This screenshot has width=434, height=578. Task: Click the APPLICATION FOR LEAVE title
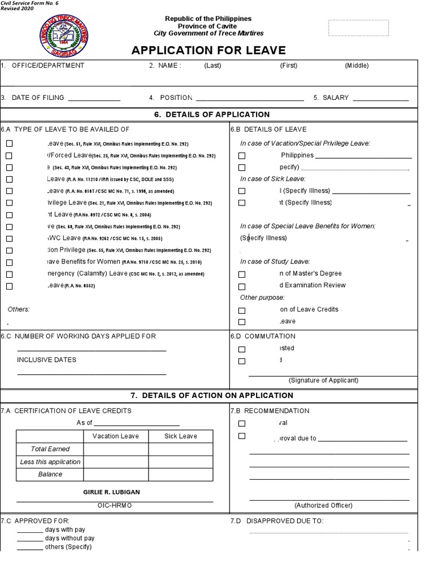tap(209, 50)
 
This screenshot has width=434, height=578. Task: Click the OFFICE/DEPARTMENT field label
tap(48, 65)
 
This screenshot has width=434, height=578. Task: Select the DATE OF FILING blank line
tap(94, 99)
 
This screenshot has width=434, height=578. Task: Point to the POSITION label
tap(176, 98)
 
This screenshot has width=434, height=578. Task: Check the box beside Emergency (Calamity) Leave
tap(9, 274)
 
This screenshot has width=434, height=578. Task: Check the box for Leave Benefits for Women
tap(9, 262)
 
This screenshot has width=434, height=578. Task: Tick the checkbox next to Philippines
tap(242, 156)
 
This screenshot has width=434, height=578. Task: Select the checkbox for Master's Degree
tap(242, 274)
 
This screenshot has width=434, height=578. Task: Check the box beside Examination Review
tap(242, 286)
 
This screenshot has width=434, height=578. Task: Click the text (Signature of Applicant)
tap(323, 380)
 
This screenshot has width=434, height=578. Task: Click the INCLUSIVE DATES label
tap(46, 360)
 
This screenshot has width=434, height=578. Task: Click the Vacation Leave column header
tap(115, 436)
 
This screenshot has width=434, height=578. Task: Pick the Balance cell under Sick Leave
tap(181, 474)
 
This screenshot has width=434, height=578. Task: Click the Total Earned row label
tap(50, 449)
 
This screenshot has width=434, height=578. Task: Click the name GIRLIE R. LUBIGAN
tap(111, 492)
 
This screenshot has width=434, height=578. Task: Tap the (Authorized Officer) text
tap(323, 505)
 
